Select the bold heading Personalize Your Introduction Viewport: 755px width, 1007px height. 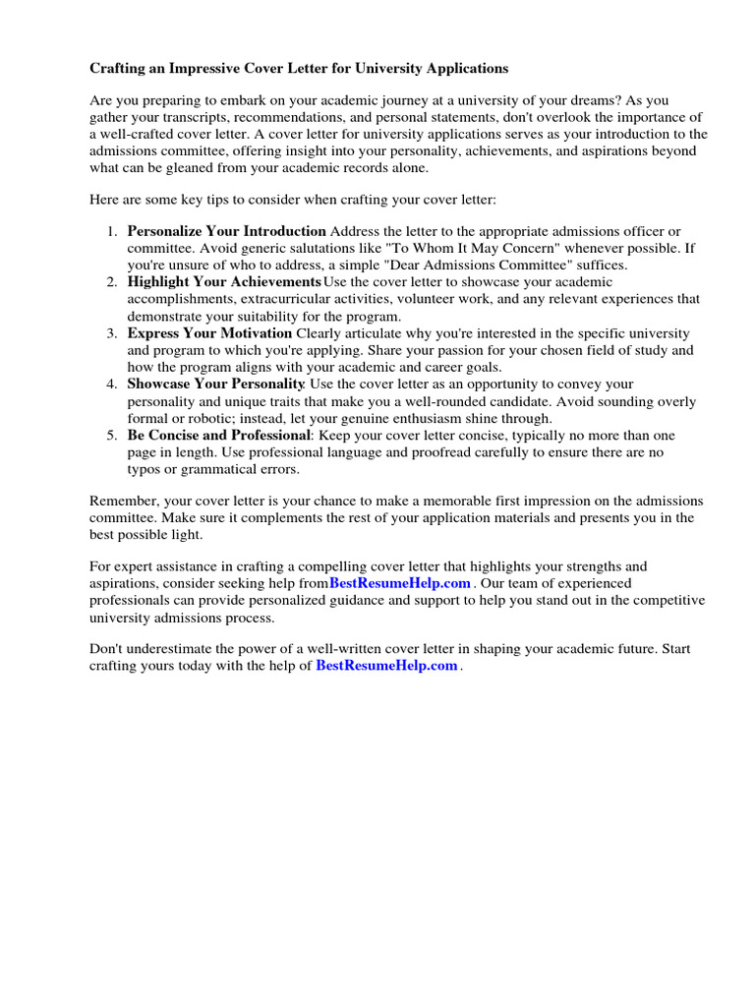(x=226, y=231)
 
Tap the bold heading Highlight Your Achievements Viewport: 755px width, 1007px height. (x=223, y=282)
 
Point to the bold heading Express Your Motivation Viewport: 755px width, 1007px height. (x=209, y=333)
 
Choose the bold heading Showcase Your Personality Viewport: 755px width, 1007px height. (x=216, y=385)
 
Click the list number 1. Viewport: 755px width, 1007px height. (x=111, y=231)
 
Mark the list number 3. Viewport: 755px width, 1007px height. (x=111, y=333)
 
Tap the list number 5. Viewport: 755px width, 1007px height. (x=111, y=436)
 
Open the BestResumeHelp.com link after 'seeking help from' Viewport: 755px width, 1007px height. (x=400, y=583)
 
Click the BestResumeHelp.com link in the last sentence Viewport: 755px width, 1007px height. (x=386, y=666)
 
